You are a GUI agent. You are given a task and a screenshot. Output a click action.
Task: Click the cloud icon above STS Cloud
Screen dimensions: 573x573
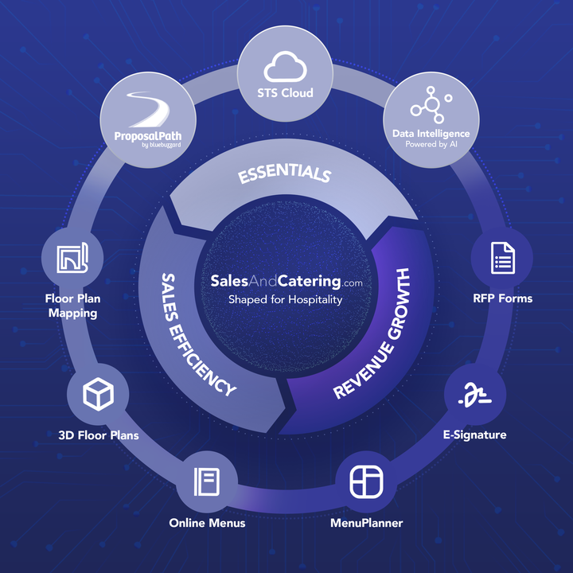pyautogui.click(x=286, y=64)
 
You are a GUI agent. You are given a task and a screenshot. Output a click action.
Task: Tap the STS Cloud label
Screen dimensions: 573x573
pyautogui.click(x=286, y=92)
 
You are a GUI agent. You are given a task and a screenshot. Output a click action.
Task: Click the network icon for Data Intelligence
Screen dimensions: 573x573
pyautogui.click(x=431, y=107)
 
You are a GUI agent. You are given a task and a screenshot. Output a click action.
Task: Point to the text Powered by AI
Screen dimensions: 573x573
pyautogui.click(x=431, y=144)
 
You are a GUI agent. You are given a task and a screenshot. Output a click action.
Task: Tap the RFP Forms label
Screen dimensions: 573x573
pyautogui.click(x=502, y=298)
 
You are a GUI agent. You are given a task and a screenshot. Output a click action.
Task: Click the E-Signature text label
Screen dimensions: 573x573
pyautogui.click(x=474, y=435)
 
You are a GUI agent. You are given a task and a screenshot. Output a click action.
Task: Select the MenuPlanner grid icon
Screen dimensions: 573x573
pyautogui.click(x=366, y=481)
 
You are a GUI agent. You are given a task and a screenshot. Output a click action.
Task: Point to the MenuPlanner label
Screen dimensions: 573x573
pyautogui.click(x=366, y=523)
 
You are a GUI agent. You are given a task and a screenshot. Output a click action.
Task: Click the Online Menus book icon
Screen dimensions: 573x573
pyautogui.click(x=206, y=481)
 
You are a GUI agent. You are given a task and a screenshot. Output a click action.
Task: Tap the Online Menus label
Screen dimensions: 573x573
pyautogui.click(x=207, y=523)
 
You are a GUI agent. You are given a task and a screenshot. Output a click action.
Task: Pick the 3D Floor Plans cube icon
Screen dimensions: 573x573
pyautogui.click(x=98, y=394)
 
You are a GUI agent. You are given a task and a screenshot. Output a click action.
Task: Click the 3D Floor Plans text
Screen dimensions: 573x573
pyautogui.click(x=99, y=435)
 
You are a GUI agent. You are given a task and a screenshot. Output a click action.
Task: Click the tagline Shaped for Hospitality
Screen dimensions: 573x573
pyautogui.click(x=286, y=300)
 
